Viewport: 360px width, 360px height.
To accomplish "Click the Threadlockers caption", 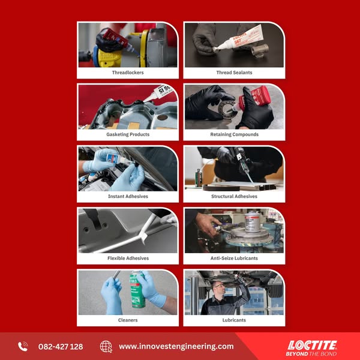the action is coord(128,73).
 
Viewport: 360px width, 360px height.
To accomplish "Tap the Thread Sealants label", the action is coord(234,73).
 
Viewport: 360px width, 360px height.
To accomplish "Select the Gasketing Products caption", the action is coord(128,134).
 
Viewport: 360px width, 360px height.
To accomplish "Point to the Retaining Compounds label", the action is coord(234,134).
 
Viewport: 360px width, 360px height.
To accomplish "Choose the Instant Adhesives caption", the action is coord(128,196).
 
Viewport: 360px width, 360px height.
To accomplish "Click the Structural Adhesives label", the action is coord(234,196).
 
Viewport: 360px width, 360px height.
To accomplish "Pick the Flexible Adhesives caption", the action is coord(128,258).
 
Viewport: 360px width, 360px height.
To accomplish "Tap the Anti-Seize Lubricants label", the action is coord(234,258).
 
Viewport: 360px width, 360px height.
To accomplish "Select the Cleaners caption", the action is coord(128,320).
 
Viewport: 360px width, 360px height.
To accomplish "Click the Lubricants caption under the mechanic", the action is coord(234,320).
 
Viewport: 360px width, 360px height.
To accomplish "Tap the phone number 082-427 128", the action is coord(61,346).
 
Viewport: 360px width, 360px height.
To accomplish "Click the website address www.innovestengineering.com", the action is coord(176,346).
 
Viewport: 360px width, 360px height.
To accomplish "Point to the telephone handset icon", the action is coord(23,346).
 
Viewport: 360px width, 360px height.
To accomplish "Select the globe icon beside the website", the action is coord(106,347).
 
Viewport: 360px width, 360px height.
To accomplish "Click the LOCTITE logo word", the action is coord(312,346).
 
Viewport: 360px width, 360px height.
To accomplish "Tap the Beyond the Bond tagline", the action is coord(311,354).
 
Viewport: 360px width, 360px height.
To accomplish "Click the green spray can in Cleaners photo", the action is coord(137,290).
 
